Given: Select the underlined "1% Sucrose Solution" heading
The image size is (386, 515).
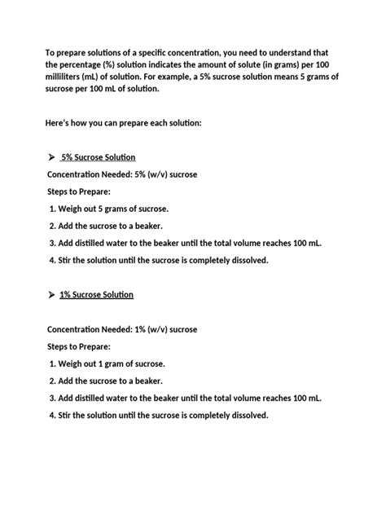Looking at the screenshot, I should click(97, 294).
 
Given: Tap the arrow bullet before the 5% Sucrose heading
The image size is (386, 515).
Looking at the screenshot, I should click(51, 156).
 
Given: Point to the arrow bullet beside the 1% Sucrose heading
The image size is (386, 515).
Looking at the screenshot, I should click(51, 294).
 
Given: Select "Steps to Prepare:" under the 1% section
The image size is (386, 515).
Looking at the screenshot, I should click(84, 346).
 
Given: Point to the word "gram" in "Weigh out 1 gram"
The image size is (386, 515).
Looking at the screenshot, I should click(114, 363).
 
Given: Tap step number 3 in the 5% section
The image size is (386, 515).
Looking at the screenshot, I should click(51, 243).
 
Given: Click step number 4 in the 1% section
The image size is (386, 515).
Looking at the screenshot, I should click(51, 415).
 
